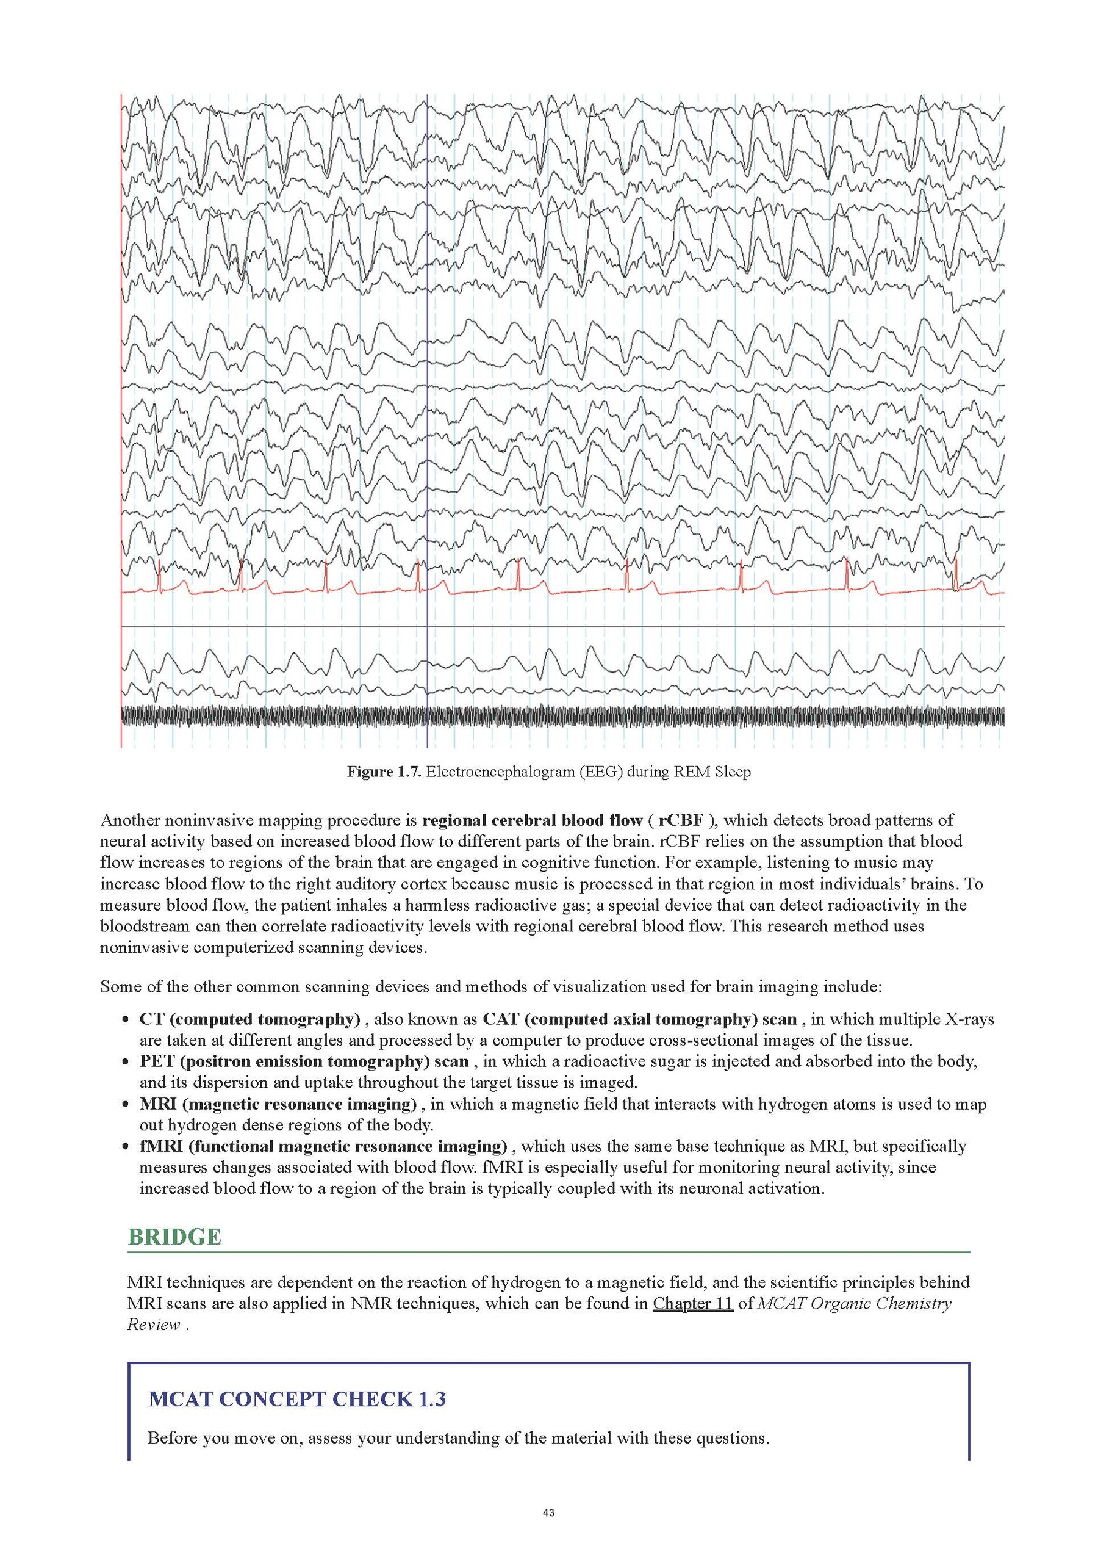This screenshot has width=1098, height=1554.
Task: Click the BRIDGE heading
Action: coord(174,1237)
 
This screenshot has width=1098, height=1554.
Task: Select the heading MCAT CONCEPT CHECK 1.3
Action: coord(297,1399)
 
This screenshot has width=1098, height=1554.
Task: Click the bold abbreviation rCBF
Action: coord(681,820)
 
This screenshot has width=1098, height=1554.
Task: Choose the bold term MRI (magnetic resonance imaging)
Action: coord(278,1104)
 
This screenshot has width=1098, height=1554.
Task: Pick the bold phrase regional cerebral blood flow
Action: coord(532,820)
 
